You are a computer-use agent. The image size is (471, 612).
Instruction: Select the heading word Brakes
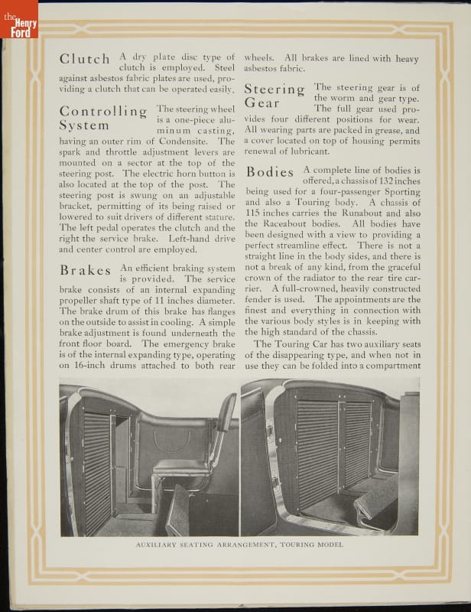86,271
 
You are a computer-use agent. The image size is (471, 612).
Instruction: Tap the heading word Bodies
270,172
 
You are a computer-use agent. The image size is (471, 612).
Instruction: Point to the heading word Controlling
103,112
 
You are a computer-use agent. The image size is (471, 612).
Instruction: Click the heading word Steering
274,90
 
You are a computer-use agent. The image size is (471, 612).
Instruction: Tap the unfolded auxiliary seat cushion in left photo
181,467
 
